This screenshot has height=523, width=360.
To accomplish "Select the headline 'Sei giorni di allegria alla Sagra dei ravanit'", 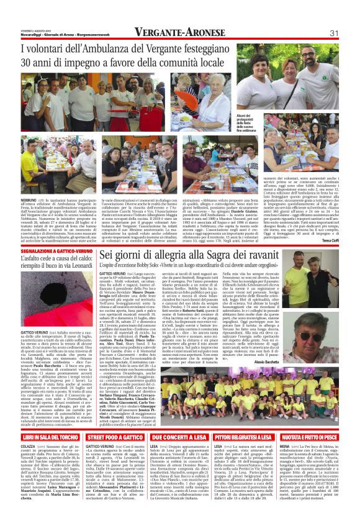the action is tap(197, 255).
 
